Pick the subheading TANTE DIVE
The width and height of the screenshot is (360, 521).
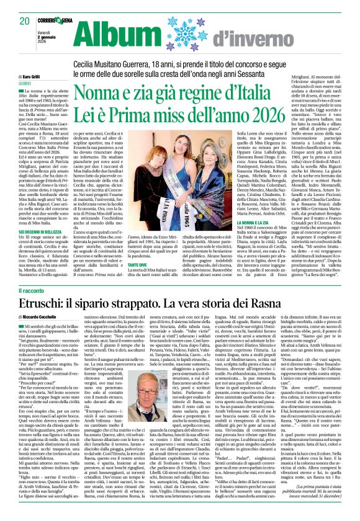coord(155,246)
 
